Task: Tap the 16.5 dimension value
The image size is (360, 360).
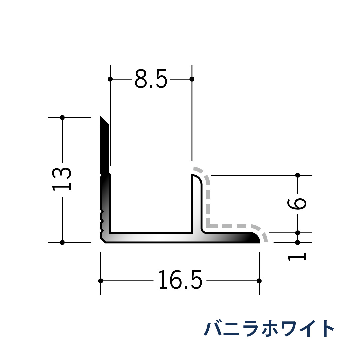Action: pos(180,281)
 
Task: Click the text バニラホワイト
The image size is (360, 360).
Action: pos(269,329)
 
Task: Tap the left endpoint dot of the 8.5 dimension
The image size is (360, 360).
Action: pos(110,79)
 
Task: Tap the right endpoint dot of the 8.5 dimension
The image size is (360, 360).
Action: pos(192,79)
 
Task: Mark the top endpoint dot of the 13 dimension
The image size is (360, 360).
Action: pos(62,117)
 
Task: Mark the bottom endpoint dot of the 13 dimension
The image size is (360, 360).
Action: pos(62,242)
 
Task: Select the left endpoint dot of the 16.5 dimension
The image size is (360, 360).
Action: pos(101,281)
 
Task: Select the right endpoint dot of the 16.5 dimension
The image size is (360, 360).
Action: pos(259,281)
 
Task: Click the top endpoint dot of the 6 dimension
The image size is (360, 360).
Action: pos(298,175)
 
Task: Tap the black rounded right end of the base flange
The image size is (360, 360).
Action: pos(255,238)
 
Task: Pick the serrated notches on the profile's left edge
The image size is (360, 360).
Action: pos(102,220)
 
